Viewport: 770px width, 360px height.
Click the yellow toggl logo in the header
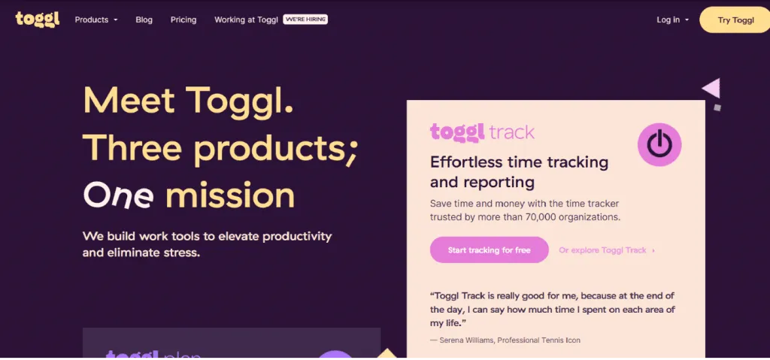38,20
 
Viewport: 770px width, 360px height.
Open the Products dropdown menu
96,20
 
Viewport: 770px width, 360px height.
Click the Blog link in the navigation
144,20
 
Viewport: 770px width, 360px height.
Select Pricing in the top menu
183,20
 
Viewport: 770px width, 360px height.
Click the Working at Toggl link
246,20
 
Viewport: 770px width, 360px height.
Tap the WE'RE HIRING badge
305,20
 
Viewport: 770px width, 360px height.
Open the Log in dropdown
673,20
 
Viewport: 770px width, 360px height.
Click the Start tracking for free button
489,250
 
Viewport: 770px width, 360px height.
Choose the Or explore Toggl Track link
607,250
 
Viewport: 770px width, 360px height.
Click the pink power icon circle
659,144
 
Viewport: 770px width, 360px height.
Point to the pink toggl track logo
482,132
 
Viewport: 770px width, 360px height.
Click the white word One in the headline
118,195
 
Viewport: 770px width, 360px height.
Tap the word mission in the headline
230,195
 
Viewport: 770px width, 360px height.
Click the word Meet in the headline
129,100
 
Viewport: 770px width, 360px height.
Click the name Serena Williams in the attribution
468,340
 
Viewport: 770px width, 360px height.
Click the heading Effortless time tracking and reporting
519,172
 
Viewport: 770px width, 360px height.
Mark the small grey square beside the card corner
717,107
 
